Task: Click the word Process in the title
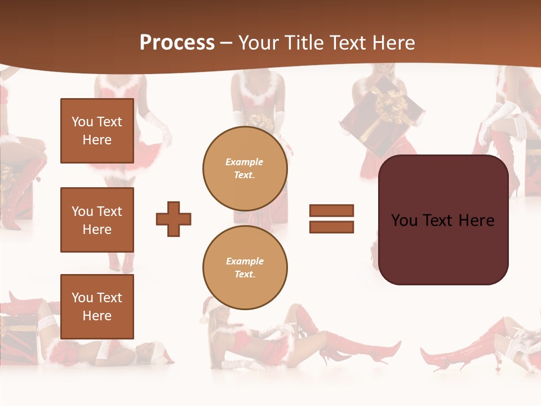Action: click(x=177, y=43)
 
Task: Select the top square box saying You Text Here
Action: click(x=97, y=131)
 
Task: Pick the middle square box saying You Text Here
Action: click(x=97, y=220)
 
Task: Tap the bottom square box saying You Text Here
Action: click(x=97, y=307)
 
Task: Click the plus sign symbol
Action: click(x=174, y=219)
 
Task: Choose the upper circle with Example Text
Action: click(x=245, y=169)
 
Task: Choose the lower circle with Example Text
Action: click(x=245, y=268)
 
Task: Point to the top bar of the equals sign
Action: click(x=331, y=211)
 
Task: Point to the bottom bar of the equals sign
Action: click(x=331, y=227)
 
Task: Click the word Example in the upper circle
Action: click(x=245, y=162)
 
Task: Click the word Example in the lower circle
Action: click(x=245, y=262)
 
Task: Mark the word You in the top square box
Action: click(x=82, y=122)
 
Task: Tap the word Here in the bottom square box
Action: click(x=97, y=316)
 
